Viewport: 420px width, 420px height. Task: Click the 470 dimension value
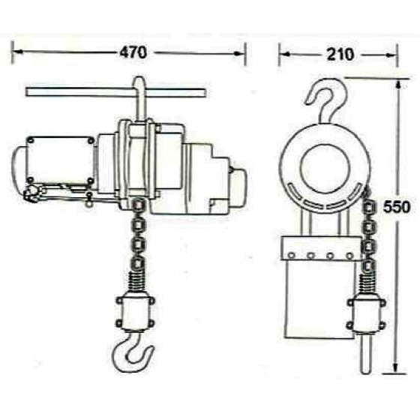pyautogui.click(x=133, y=52)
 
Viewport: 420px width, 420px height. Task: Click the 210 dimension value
pyautogui.click(x=340, y=54)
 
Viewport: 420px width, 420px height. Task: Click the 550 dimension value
pyautogui.click(x=397, y=207)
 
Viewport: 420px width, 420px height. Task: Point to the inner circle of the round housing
pyautogui.click(x=325, y=169)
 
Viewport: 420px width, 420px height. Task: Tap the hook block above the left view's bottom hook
pyautogui.click(x=135, y=313)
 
